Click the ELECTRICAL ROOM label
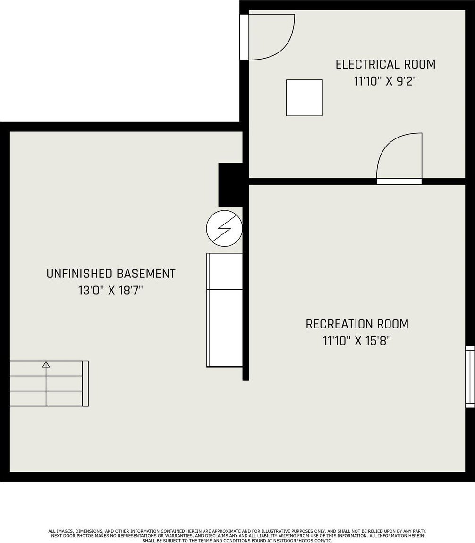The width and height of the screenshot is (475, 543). (385, 64)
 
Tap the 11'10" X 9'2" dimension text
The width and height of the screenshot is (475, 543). (385, 81)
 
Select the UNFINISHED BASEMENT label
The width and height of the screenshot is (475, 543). (111, 274)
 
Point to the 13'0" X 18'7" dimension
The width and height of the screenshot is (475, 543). (110, 290)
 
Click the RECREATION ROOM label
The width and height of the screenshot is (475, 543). (357, 324)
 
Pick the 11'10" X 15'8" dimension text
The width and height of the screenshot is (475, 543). (357, 341)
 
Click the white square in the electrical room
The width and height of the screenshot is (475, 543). (305, 98)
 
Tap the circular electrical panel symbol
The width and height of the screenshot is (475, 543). (224, 229)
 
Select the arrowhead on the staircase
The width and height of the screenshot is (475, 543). (46, 364)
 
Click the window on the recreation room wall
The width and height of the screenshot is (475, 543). (470, 377)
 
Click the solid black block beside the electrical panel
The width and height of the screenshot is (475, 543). (230, 185)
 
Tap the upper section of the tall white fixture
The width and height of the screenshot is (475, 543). (225, 271)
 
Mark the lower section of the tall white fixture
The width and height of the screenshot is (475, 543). (225, 328)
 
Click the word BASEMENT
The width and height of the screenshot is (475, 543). (145, 274)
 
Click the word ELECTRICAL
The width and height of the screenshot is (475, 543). (363, 64)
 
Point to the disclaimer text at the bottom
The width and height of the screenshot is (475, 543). (237, 535)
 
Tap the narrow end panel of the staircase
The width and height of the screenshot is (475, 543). (85, 383)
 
